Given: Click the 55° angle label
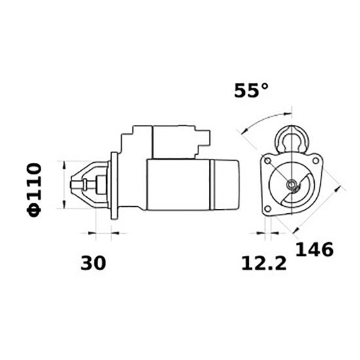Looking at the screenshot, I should pos(251,91).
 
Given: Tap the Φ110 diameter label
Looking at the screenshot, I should pos(35,187).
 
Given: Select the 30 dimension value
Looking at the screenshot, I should pos(93,263).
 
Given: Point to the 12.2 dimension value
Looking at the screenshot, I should pos(263,264).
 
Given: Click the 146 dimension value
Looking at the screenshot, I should pos(314,249).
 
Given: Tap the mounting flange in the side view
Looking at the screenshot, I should pos(115,186).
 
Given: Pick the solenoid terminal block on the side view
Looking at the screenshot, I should pos(204,138).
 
